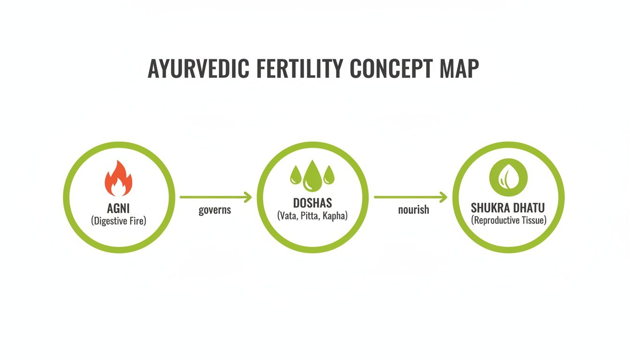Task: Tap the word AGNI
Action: point(119,208)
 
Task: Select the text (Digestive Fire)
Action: point(119,220)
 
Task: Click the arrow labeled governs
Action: point(216,197)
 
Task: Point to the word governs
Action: point(215,210)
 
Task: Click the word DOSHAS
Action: point(312,203)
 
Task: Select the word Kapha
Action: point(334,216)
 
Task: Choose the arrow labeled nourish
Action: point(411,197)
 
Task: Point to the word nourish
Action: point(413,210)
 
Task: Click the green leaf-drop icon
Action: point(509,178)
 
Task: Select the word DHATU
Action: point(529,207)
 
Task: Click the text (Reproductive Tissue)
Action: point(509,220)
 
